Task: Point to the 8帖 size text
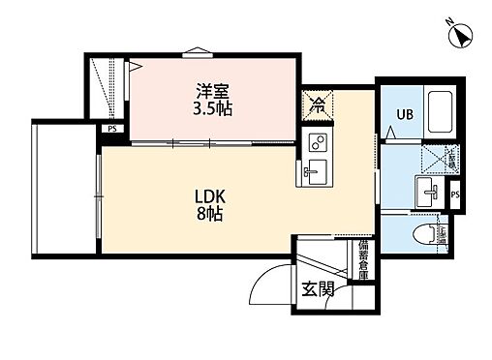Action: point(208,213)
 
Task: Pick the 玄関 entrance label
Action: point(312,288)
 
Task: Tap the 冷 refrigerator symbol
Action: point(317,105)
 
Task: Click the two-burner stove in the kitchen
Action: point(317,143)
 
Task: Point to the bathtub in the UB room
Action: point(441,111)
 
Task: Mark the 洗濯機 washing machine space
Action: point(437,158)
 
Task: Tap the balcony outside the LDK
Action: point(63,189)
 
